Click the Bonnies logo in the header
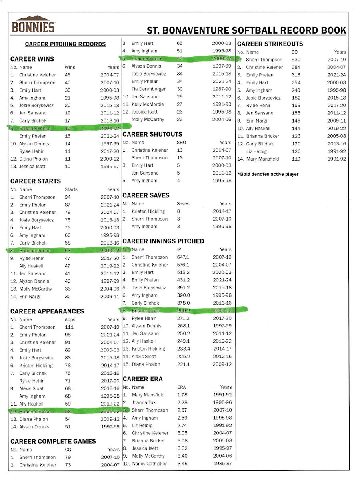(33, 24)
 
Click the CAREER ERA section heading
(143, 379)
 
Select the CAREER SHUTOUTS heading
(152, 134)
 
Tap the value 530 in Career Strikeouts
(296, 60)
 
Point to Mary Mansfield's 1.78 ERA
(182, 395)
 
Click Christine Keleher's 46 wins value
(68, 75)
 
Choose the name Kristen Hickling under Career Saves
(148, 211)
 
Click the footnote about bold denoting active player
(268, 174)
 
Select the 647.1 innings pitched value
(184, 257)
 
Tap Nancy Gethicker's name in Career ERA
(150, 464)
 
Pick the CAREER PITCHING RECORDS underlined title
(65, 44)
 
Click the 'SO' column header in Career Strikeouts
(295, 52)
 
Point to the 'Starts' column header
(71, 189)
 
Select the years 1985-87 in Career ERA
(222, 464)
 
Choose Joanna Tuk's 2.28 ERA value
(182, 402)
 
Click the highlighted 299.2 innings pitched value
(184, 311)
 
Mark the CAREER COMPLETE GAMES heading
(53, 441)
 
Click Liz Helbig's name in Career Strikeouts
(256, 151)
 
